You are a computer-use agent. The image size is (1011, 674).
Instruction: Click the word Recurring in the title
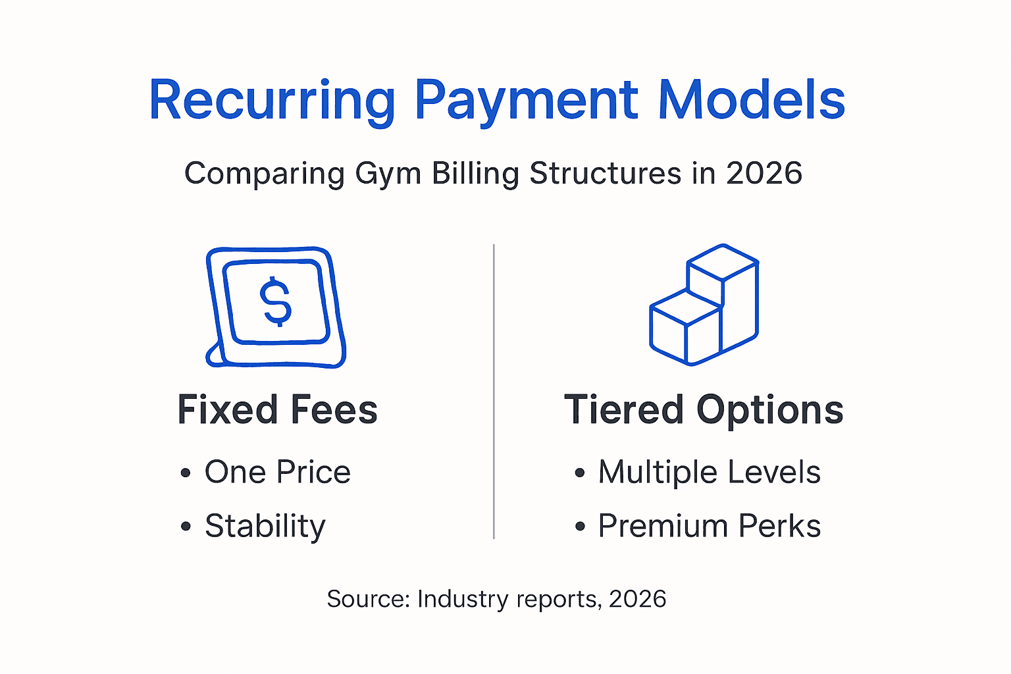[272, 102]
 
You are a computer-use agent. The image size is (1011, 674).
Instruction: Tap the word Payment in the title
[527, 102]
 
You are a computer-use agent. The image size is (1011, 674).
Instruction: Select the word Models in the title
[752, 99]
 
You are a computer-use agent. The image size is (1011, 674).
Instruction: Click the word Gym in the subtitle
[388, 174]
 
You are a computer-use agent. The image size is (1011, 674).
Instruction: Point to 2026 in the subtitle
[764, 173]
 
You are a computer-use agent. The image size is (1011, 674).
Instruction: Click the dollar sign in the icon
[276, 301]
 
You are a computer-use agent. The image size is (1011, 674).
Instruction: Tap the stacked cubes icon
[704, 305]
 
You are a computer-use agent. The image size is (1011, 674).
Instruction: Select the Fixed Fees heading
[278, 409]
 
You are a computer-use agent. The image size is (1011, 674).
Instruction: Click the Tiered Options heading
[704, 411]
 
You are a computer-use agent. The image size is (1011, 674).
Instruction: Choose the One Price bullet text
[278, 472]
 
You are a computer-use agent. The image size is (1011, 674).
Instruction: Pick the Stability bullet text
[265, 527]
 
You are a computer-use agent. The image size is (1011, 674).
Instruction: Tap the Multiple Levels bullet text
[710, 472]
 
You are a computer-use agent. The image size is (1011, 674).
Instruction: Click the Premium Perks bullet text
[710, 526]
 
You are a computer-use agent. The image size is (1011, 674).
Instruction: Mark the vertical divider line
[494, 392]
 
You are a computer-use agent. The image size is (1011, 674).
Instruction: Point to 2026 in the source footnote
[637, 599]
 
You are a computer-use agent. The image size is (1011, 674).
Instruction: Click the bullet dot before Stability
[186, 527]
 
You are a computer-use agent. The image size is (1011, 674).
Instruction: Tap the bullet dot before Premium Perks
[580, 527]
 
